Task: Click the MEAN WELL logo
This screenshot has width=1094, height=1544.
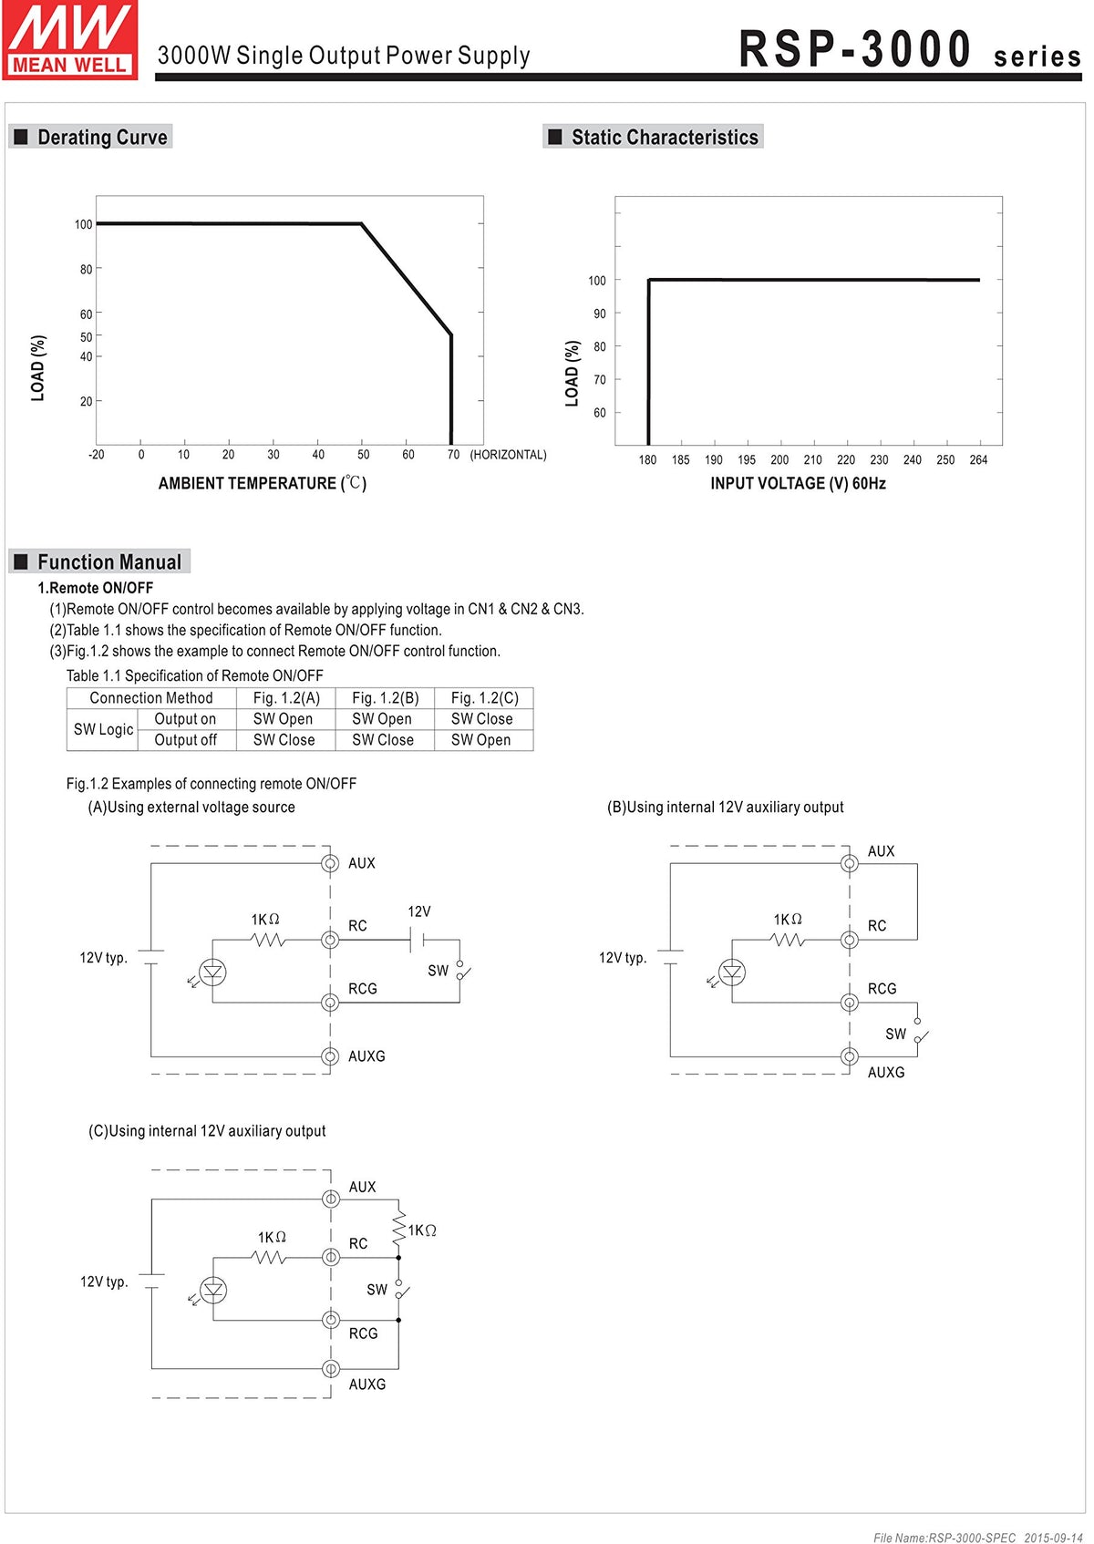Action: click(70, 40)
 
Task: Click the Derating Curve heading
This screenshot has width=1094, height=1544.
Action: click(102, 138)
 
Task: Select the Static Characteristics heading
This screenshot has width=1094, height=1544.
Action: click(664, 138)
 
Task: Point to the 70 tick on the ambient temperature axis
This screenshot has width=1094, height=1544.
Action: click(453, 455)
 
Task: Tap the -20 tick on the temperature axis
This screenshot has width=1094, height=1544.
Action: click(96, 455)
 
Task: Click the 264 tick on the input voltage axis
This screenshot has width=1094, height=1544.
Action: click(978, 460)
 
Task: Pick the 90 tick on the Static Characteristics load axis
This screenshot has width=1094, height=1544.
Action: click(599, 314)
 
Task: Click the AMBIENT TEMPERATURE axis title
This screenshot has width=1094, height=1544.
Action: click(263, 483)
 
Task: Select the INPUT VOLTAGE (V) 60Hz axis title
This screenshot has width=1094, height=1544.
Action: click(798, 483)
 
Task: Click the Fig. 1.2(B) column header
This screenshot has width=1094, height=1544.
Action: click(385, 698)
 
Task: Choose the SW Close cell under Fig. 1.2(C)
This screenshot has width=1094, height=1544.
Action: click(481, 719)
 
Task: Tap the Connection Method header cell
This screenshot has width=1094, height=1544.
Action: click(151, 698)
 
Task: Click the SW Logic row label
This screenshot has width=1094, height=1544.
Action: click(103, 729)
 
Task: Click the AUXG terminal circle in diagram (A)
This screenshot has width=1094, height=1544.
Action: click(330, 1056)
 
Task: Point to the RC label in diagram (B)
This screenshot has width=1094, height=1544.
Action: click(877, 926)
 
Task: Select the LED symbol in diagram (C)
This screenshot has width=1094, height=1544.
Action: click(212, 1290)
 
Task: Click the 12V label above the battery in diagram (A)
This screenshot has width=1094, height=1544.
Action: click(419, 911)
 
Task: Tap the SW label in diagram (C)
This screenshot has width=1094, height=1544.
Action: click(377, 1290)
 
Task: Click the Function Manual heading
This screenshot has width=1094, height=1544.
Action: click(108, 562)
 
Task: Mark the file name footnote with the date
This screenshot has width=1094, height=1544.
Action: click(977, 1538)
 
